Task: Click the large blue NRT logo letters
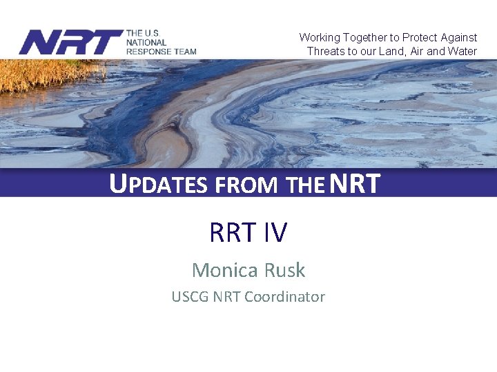[x=70, y=43]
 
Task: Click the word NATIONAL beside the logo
[x=146, y=42]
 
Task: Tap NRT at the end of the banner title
[x=355, y=184]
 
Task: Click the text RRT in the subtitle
[x=232, y=233]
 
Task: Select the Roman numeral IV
[x=274, y=233]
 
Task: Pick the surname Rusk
[x=284, y=270]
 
